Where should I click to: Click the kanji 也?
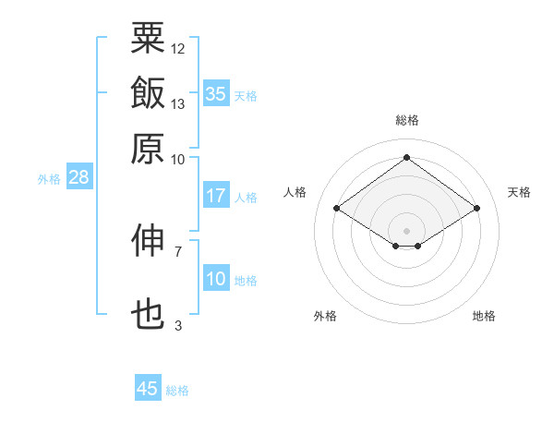point(149,315)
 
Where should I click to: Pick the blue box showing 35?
point(216,94)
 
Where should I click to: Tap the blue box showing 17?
point(216,196)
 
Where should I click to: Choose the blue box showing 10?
point(216,279)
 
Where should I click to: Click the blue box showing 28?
point(78,178)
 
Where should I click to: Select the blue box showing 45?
point(148,389)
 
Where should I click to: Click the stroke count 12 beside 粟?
point(178,48)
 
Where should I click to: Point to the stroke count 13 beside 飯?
point(178,103)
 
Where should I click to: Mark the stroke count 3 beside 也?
point(177,325)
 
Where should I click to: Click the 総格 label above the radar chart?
point(407,120)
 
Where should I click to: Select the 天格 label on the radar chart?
point(519,192)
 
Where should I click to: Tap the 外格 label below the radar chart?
point(325,316)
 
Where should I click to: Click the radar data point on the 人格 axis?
point(337,209)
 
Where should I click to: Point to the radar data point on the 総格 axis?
point(406,157)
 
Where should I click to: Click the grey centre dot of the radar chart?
point(406,230)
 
